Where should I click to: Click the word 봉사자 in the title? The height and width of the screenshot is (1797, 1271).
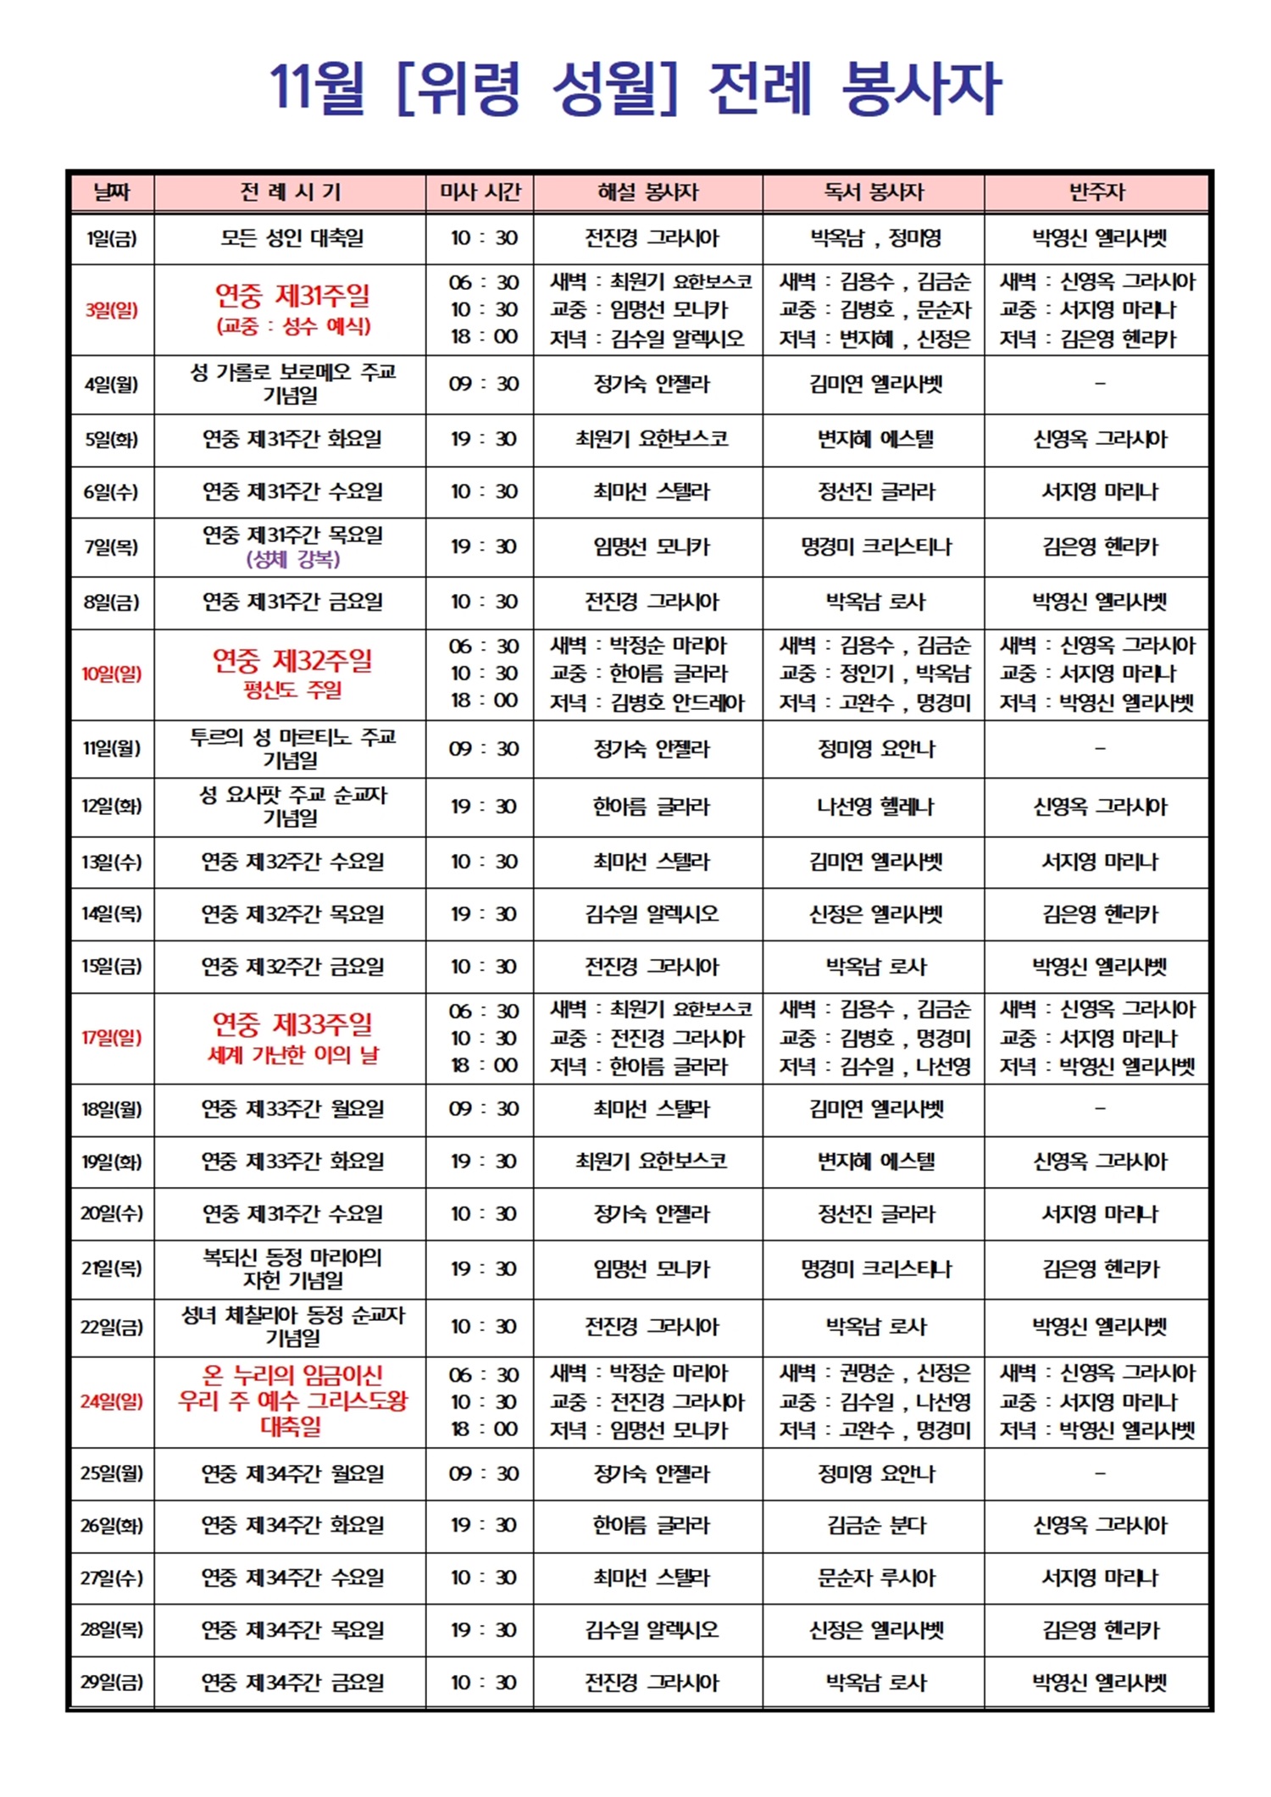921,88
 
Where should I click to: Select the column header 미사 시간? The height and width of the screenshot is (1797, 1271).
480,192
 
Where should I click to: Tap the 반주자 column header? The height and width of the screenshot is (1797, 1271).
1096,192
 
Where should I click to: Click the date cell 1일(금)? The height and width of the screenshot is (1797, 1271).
112,238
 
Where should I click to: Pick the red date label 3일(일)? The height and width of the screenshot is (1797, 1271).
112,310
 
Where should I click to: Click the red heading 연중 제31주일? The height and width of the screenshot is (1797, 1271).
292,296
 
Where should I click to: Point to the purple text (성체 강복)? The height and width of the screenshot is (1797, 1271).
292,559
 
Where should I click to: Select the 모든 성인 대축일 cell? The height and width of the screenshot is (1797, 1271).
292,238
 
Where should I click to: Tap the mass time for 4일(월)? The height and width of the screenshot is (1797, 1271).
483,384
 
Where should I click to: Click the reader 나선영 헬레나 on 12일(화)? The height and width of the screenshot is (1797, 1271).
875,807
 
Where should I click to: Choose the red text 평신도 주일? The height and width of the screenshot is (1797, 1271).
292,690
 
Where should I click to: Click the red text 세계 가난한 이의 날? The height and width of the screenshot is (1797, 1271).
293,1055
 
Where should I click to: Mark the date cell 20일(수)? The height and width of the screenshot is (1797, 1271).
112,1213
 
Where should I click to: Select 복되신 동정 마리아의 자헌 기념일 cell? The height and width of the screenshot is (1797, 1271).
292,1268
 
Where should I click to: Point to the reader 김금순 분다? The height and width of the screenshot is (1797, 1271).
875,1525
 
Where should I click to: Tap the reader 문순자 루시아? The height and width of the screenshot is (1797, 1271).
875,1578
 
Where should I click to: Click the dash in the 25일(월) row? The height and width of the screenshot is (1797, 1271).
1100,1473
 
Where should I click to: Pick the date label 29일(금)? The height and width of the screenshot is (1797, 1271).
112,1682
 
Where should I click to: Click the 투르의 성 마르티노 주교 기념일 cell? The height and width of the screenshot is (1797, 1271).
292,748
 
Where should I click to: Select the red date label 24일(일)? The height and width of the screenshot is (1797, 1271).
112,1401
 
